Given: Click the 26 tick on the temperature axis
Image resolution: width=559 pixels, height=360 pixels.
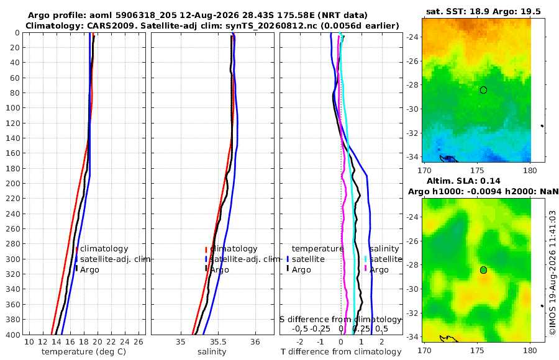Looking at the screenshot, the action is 139,342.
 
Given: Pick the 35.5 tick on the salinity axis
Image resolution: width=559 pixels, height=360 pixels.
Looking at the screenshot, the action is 218,342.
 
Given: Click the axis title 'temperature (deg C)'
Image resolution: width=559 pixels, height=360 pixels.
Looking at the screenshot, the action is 84,352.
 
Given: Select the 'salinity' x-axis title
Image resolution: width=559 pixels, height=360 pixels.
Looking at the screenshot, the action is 212,352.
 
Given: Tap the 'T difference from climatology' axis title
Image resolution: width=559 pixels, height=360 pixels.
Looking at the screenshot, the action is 341,352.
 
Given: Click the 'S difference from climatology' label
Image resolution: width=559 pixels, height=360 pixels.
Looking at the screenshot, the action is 340,320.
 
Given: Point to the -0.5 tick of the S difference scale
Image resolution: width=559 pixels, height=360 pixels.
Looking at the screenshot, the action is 300,328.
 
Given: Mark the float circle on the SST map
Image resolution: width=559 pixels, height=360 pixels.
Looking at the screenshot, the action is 483,90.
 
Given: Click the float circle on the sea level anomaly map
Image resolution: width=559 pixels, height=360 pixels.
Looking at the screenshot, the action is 483,270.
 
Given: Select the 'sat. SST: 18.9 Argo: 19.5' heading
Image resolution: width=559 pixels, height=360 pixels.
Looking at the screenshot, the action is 483,12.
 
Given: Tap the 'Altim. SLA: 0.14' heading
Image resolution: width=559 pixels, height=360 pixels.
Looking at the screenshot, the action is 463,181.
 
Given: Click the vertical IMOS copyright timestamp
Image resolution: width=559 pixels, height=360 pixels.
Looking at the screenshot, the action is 553,272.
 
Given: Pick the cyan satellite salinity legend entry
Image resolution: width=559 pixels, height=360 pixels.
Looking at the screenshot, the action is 383,259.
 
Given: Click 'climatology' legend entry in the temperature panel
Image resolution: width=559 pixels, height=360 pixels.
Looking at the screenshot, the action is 102,249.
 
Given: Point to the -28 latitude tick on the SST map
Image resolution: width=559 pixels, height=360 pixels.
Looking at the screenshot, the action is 412,85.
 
